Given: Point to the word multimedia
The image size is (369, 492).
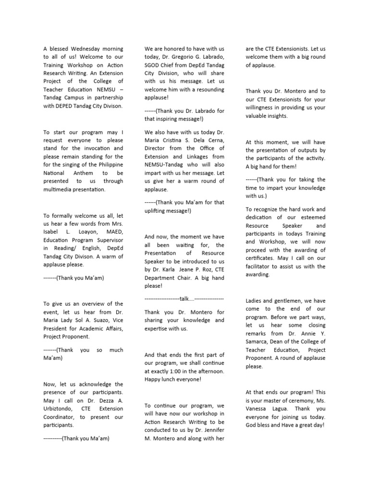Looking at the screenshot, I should point(61,189).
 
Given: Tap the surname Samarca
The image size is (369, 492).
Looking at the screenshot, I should point(258,342).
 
